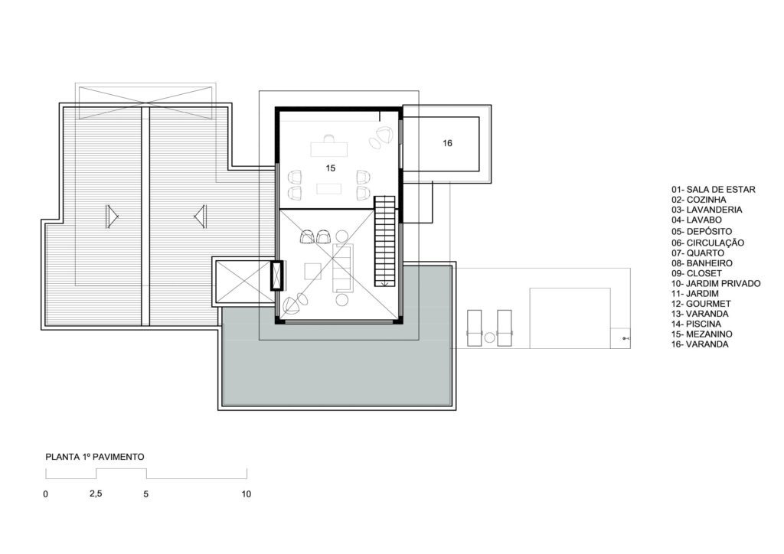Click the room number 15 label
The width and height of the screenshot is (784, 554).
[x=331, y=168]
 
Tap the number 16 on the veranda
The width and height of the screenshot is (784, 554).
[x=447, y=143]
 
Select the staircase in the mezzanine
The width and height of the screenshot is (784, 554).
[x=384, y=241]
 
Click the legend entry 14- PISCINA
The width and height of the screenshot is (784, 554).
[x=696, y=324]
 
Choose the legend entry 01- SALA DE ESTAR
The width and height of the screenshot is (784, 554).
[x=714, y=189]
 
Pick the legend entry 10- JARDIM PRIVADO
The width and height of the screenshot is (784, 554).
[x=716, y=283]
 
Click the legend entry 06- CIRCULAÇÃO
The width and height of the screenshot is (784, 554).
[x=708, y=243]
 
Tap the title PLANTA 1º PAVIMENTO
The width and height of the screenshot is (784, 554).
[x=95, y=457]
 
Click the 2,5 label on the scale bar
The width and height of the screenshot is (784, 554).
[x=96, y=494]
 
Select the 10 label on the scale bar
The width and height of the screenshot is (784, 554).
[x=246, y=494]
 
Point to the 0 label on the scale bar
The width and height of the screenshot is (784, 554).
[x=46, y=494]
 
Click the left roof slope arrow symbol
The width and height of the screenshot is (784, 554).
[x=112, y=217]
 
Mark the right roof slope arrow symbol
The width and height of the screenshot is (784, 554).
[x=201, y=217]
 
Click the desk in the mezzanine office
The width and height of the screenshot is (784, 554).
[x=329, y=149]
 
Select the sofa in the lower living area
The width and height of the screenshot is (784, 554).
[x=342, y=267]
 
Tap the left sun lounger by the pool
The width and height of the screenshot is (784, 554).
[x=474, y=328]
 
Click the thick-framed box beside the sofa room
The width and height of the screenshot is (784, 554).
[x=276, y=275]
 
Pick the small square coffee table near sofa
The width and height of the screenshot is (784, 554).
[x=313, y=271]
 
